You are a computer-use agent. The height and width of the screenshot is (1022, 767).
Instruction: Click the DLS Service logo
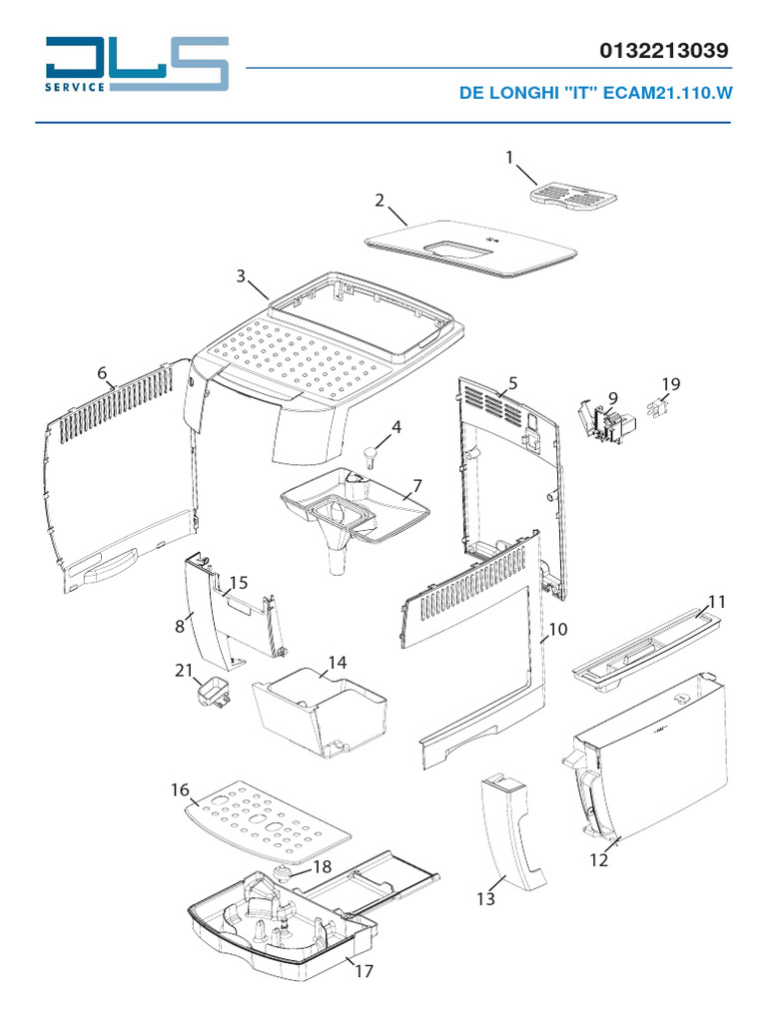(137, 65)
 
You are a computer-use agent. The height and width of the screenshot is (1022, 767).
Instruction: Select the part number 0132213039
(664, 50)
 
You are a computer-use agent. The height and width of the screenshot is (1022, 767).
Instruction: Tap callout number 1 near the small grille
(509, 157)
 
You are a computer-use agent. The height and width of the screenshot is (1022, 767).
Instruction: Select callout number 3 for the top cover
(241, 275)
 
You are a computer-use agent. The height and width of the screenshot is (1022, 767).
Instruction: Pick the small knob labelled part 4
(372, 456)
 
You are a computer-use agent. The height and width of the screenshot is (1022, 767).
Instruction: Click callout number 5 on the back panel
(512, 383)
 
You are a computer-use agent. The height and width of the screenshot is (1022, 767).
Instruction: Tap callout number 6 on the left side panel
(103, 373)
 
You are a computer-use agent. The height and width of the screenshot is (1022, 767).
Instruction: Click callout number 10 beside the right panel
(557, 630)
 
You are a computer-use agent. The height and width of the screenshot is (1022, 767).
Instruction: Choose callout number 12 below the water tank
(598, 860)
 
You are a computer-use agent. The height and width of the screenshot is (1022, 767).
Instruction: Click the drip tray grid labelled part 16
(269, 819)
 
